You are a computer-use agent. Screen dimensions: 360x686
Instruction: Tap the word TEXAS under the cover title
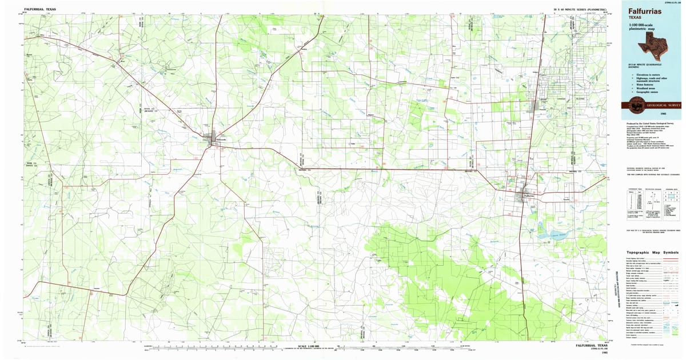636,18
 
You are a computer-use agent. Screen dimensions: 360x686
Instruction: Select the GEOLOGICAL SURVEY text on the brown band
661,106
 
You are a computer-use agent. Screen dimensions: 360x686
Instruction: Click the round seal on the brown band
635,105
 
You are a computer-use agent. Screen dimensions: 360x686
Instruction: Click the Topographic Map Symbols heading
653,252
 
